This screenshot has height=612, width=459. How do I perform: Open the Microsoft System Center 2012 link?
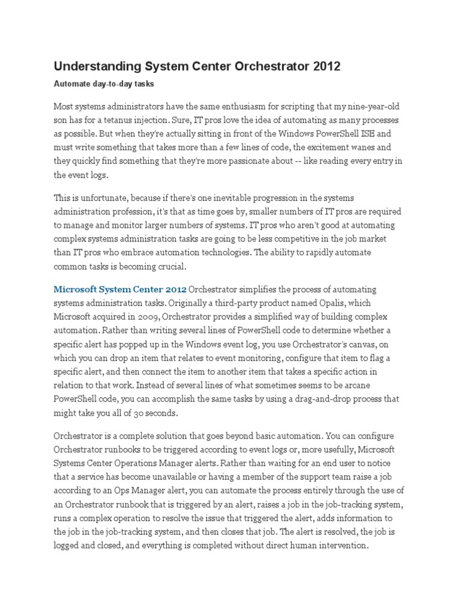tap(120, 289)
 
